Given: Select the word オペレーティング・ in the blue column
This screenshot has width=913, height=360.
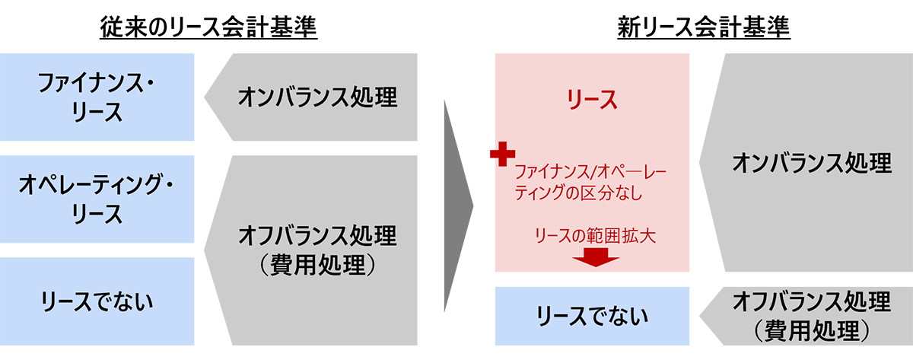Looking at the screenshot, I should coord(95,183).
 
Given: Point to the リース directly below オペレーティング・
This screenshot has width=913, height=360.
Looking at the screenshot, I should coord(95,214).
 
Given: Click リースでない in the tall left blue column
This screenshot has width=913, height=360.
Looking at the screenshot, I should coord(97,301).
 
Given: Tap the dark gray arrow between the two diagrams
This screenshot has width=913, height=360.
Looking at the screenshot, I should coord(456,205).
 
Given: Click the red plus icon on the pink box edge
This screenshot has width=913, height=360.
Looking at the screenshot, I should coord(495,154).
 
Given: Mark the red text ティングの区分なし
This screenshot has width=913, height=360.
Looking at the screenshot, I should coord(579,193).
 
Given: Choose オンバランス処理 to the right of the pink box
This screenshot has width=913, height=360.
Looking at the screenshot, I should coord(810,163).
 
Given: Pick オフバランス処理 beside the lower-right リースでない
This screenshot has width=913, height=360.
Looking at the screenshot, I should coord(810,301).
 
